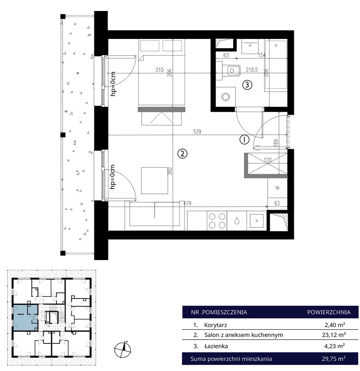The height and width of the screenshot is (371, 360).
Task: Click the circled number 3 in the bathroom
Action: pyautogui.click(x=247, y=85)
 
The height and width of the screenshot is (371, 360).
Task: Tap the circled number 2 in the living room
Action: pyautogui.click(x=182, y=154)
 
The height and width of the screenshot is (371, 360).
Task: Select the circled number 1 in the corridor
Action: pyautogui.click(x=244, y=140)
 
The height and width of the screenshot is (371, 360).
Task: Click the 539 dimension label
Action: pyautogui.click(x=197, y=131)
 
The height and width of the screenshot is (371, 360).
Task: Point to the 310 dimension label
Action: pyautogui.click(x=160, y=70)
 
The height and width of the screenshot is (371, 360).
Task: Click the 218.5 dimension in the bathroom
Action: pyautogui.click(x=252, y=70)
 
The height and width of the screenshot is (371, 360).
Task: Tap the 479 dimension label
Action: pyautogui.click(x=187, y=203)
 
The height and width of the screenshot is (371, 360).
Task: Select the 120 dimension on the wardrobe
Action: pyautogui.click(x=268, y=160)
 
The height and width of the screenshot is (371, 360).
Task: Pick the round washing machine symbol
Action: pyautogui.click(x=226, y=97)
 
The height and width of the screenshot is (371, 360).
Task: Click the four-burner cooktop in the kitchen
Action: pyautogui.click(x=217, y=221)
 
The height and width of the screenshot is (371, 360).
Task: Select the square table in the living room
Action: pyautogui.click(x=155, y=181)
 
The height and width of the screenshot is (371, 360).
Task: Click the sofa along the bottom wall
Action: pyautogui.click(x=155, y=214)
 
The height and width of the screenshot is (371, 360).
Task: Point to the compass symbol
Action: pyautogui.click(x=123, y=349)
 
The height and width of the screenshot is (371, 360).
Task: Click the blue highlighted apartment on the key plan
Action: pyautogui.click(x=25, y=318)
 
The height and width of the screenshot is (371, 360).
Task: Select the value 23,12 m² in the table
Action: pyautogui.click(x=335, y=335)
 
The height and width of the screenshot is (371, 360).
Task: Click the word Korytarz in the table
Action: pyautogui.click(x=216, y=325)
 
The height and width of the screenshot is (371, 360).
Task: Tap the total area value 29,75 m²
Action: pyautogui.click(x=333, y=359)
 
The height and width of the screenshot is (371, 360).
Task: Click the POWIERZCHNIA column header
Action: pyautogui.click(x=329, y=312)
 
